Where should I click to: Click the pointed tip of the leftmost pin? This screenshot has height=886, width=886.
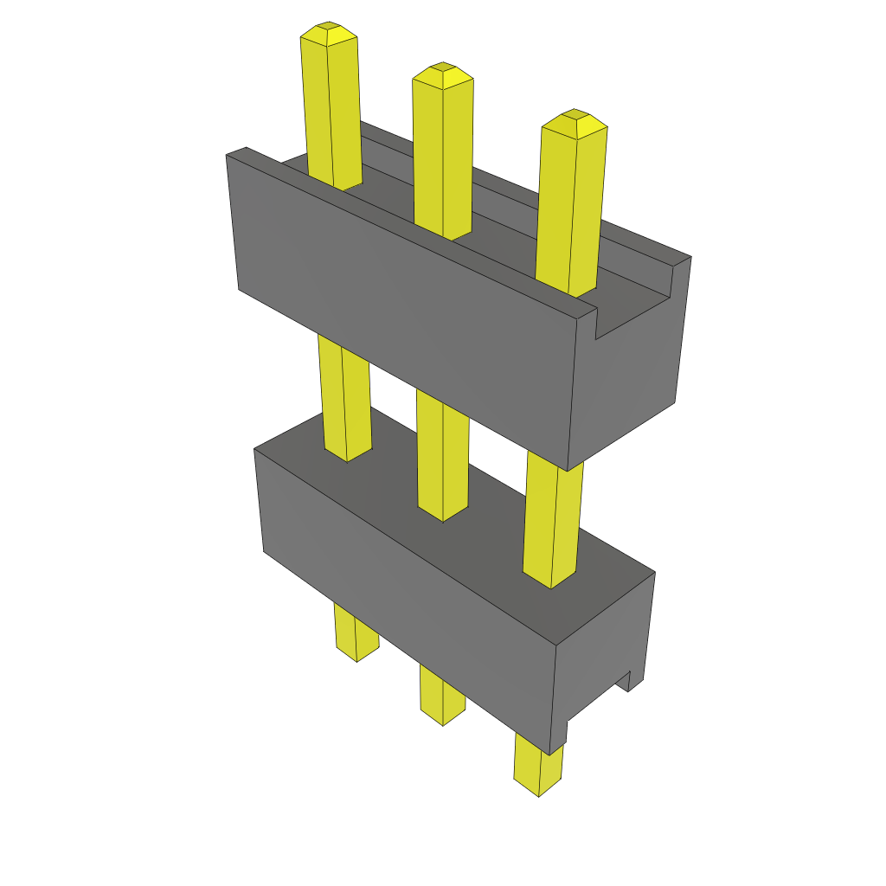pos(328,32)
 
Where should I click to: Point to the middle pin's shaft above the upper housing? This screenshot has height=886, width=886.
pos(443,156)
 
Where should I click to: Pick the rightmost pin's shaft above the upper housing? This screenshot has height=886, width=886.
pos(569,208)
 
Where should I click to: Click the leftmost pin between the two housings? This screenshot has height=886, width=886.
pos(345,398)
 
